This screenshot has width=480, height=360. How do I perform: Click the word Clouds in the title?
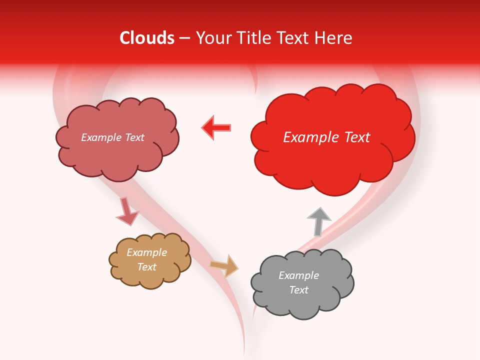[x=147, y=38]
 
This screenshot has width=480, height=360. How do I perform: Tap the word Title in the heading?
[x=253, y=38]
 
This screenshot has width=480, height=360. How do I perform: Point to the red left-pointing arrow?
[x=216, y=127]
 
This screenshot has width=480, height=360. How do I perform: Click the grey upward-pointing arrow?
[x=318, y=220]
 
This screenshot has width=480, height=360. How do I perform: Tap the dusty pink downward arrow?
[x=126, y=211]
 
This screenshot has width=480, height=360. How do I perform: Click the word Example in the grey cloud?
[x=298, y=275]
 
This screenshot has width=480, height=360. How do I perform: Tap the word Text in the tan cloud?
[x=147, y=267]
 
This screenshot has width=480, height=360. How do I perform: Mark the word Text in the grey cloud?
[x=298, y=290]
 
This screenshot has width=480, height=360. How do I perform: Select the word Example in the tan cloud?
[x=146, y=252]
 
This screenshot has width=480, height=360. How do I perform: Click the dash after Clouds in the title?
[x=184, y=38]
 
